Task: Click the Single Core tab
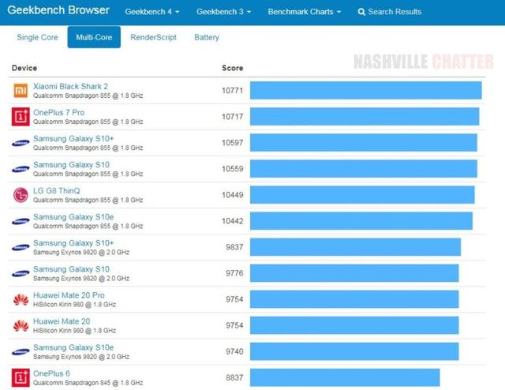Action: pyautogui.click(x=38, y=37)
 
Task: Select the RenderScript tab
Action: pyautogui.click(x=153, y=37)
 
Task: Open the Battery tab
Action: pyautogui.click(x=206, y=37)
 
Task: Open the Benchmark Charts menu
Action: pyautogui.click(x=304, y=12)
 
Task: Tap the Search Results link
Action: pyautogui.click(x=390, y=12)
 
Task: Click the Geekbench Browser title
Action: pyautogui.click(x=58, y=11)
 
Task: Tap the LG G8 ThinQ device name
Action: pyautogui.click(x=57, y=190)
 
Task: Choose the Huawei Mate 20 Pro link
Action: pyautogui.click(x=69, y=295)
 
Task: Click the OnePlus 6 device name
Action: pyautogui.click(x=52, y=373)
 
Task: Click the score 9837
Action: pyautogui.click(x=234, y=247)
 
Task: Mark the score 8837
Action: pyautogui.click(x=234, y=377)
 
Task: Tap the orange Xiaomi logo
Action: pyautogui.click(x=21, y=91)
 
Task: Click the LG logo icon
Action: pyautogui.click(x=21, y=195)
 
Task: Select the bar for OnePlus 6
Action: pyautogui.click(x=345, y=377)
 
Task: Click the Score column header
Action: pyautogui.click(x=232, y=68)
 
